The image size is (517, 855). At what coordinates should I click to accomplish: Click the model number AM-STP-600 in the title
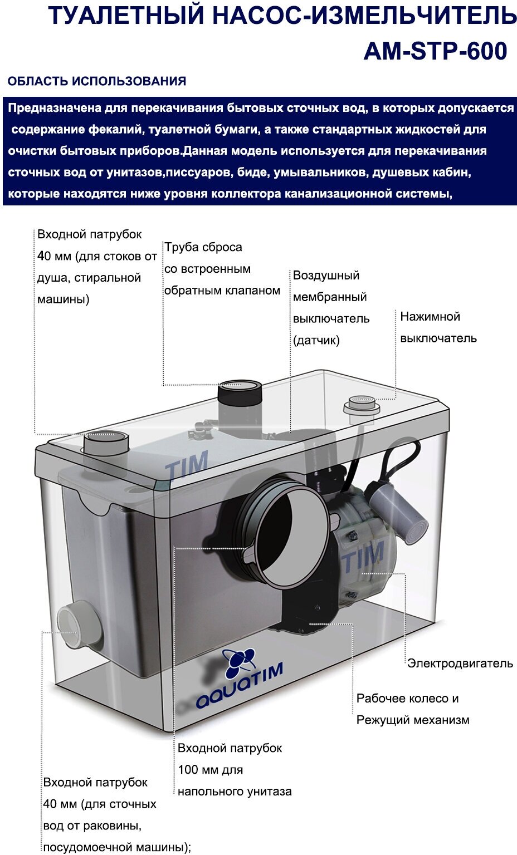click(x=435, y=51)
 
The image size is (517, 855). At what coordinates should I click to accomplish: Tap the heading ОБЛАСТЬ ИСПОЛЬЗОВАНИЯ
click(x=97, y=81)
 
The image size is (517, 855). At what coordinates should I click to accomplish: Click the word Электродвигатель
click(x=460, y=663)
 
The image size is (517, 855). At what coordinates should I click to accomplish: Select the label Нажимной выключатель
click(x=438, y=327)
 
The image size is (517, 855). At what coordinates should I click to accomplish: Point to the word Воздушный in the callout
click(x=326, y=275)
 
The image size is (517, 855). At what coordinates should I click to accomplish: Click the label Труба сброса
click(x=203, y=247)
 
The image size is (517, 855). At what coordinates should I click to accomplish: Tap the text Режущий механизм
click(x=413, y=720)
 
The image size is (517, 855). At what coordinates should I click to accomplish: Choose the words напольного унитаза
click(x=235, y=791)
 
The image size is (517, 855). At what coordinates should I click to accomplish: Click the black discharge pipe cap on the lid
click(x=240, y=392)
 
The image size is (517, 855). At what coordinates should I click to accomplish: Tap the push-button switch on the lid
click(x=362, y=404)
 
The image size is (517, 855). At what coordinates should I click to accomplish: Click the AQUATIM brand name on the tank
click(x=240, y=686)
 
